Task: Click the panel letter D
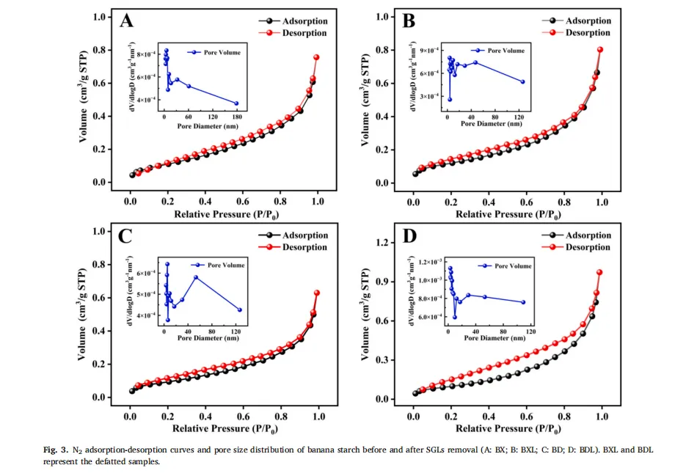pyautogui.click(x=409, y=236)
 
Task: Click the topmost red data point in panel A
pyautogui.click(x=317, y=57)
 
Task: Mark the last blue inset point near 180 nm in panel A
pyautogui.click(x=236, y=103)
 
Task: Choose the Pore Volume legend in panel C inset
pyautogui.click(x=217, y=265)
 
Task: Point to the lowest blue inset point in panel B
pyautogui.click(x=450, y=99)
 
